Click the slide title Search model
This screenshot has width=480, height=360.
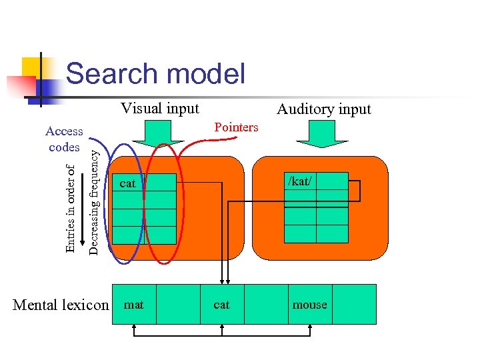click(x=155, y=73)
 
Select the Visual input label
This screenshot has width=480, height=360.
click(x=160, y=109)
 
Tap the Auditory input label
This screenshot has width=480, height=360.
click(x=323, y=109)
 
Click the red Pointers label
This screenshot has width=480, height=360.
click(x=236, y=127)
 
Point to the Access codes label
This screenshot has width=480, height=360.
click(x=64, y=139)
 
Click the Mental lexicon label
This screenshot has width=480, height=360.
click(x=61, y=305)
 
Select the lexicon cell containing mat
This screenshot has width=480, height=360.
click(x=134, y=305)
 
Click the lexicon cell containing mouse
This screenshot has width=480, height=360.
click(x=310, y=305)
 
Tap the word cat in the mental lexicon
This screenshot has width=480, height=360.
click(x=221, y=305)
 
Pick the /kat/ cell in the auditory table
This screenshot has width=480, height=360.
click(x=300, y=181)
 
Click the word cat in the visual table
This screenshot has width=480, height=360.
click(x=127, y=183)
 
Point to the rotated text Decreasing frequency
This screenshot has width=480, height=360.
click(x=95, y=201)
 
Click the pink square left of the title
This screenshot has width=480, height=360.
click(x=21, y=86)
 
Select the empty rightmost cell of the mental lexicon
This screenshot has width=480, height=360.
click(x=354, y=305)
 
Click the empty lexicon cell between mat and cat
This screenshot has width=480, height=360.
click(x=177, y=305)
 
